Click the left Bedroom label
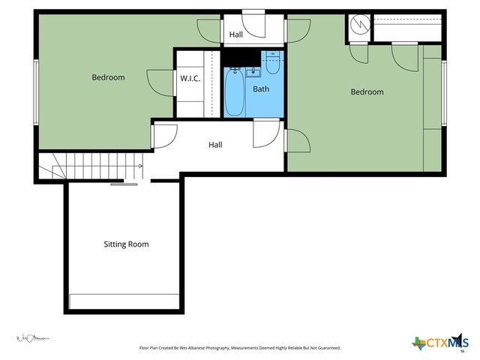point(108,77)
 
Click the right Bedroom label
point(367,92)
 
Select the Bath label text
point(261,89)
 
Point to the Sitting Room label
point(126,244)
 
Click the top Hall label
point(235,34)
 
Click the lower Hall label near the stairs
point(215,145)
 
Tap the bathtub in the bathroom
point(234,92)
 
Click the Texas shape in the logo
point(419,343)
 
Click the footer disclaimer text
point(240,348)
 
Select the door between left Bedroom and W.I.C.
point(161,81)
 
